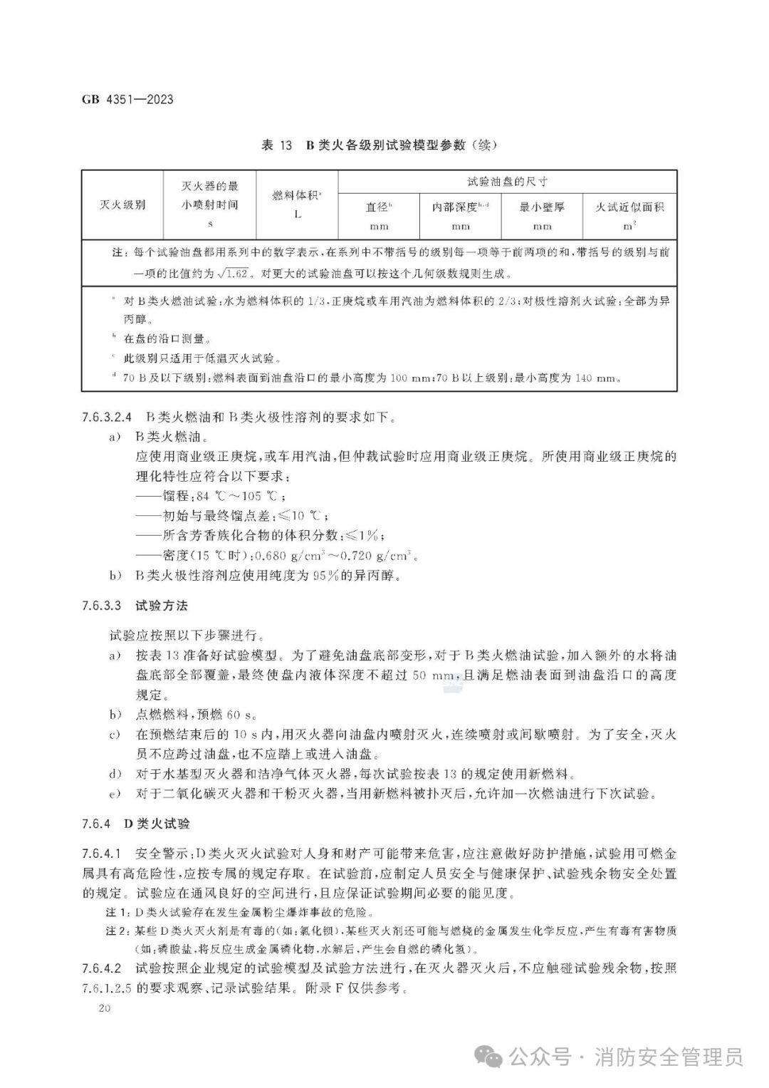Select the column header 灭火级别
click(122, 205)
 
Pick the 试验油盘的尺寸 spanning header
click(508, 182)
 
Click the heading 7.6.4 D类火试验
click(135, 824)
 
